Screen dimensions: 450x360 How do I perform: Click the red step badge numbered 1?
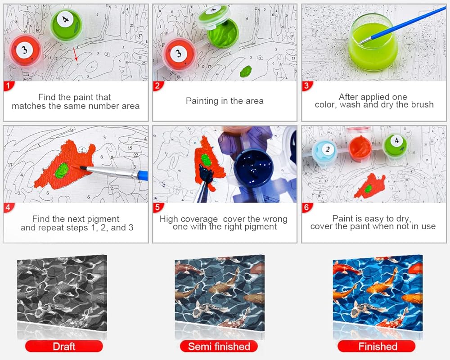click(x=8, y=86)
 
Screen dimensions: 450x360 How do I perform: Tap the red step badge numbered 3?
click(x=306, y=86)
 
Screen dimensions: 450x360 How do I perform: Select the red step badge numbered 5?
click(x=157, y=207)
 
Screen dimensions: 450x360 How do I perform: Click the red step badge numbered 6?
click(x=306, y=207)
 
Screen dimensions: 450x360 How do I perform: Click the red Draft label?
click(x=64, y=346)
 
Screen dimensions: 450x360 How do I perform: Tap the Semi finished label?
click(x=219, y=346)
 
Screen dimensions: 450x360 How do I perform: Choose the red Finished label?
click(x=377, y=346)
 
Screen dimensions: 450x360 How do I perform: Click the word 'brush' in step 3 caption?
click(x=423, y=104)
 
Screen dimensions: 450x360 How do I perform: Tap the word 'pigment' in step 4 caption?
click(x=103, y=219)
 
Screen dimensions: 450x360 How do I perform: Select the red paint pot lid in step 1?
click(x=25, y=51)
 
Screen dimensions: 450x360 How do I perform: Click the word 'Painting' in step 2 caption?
click(x=202, y=101)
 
